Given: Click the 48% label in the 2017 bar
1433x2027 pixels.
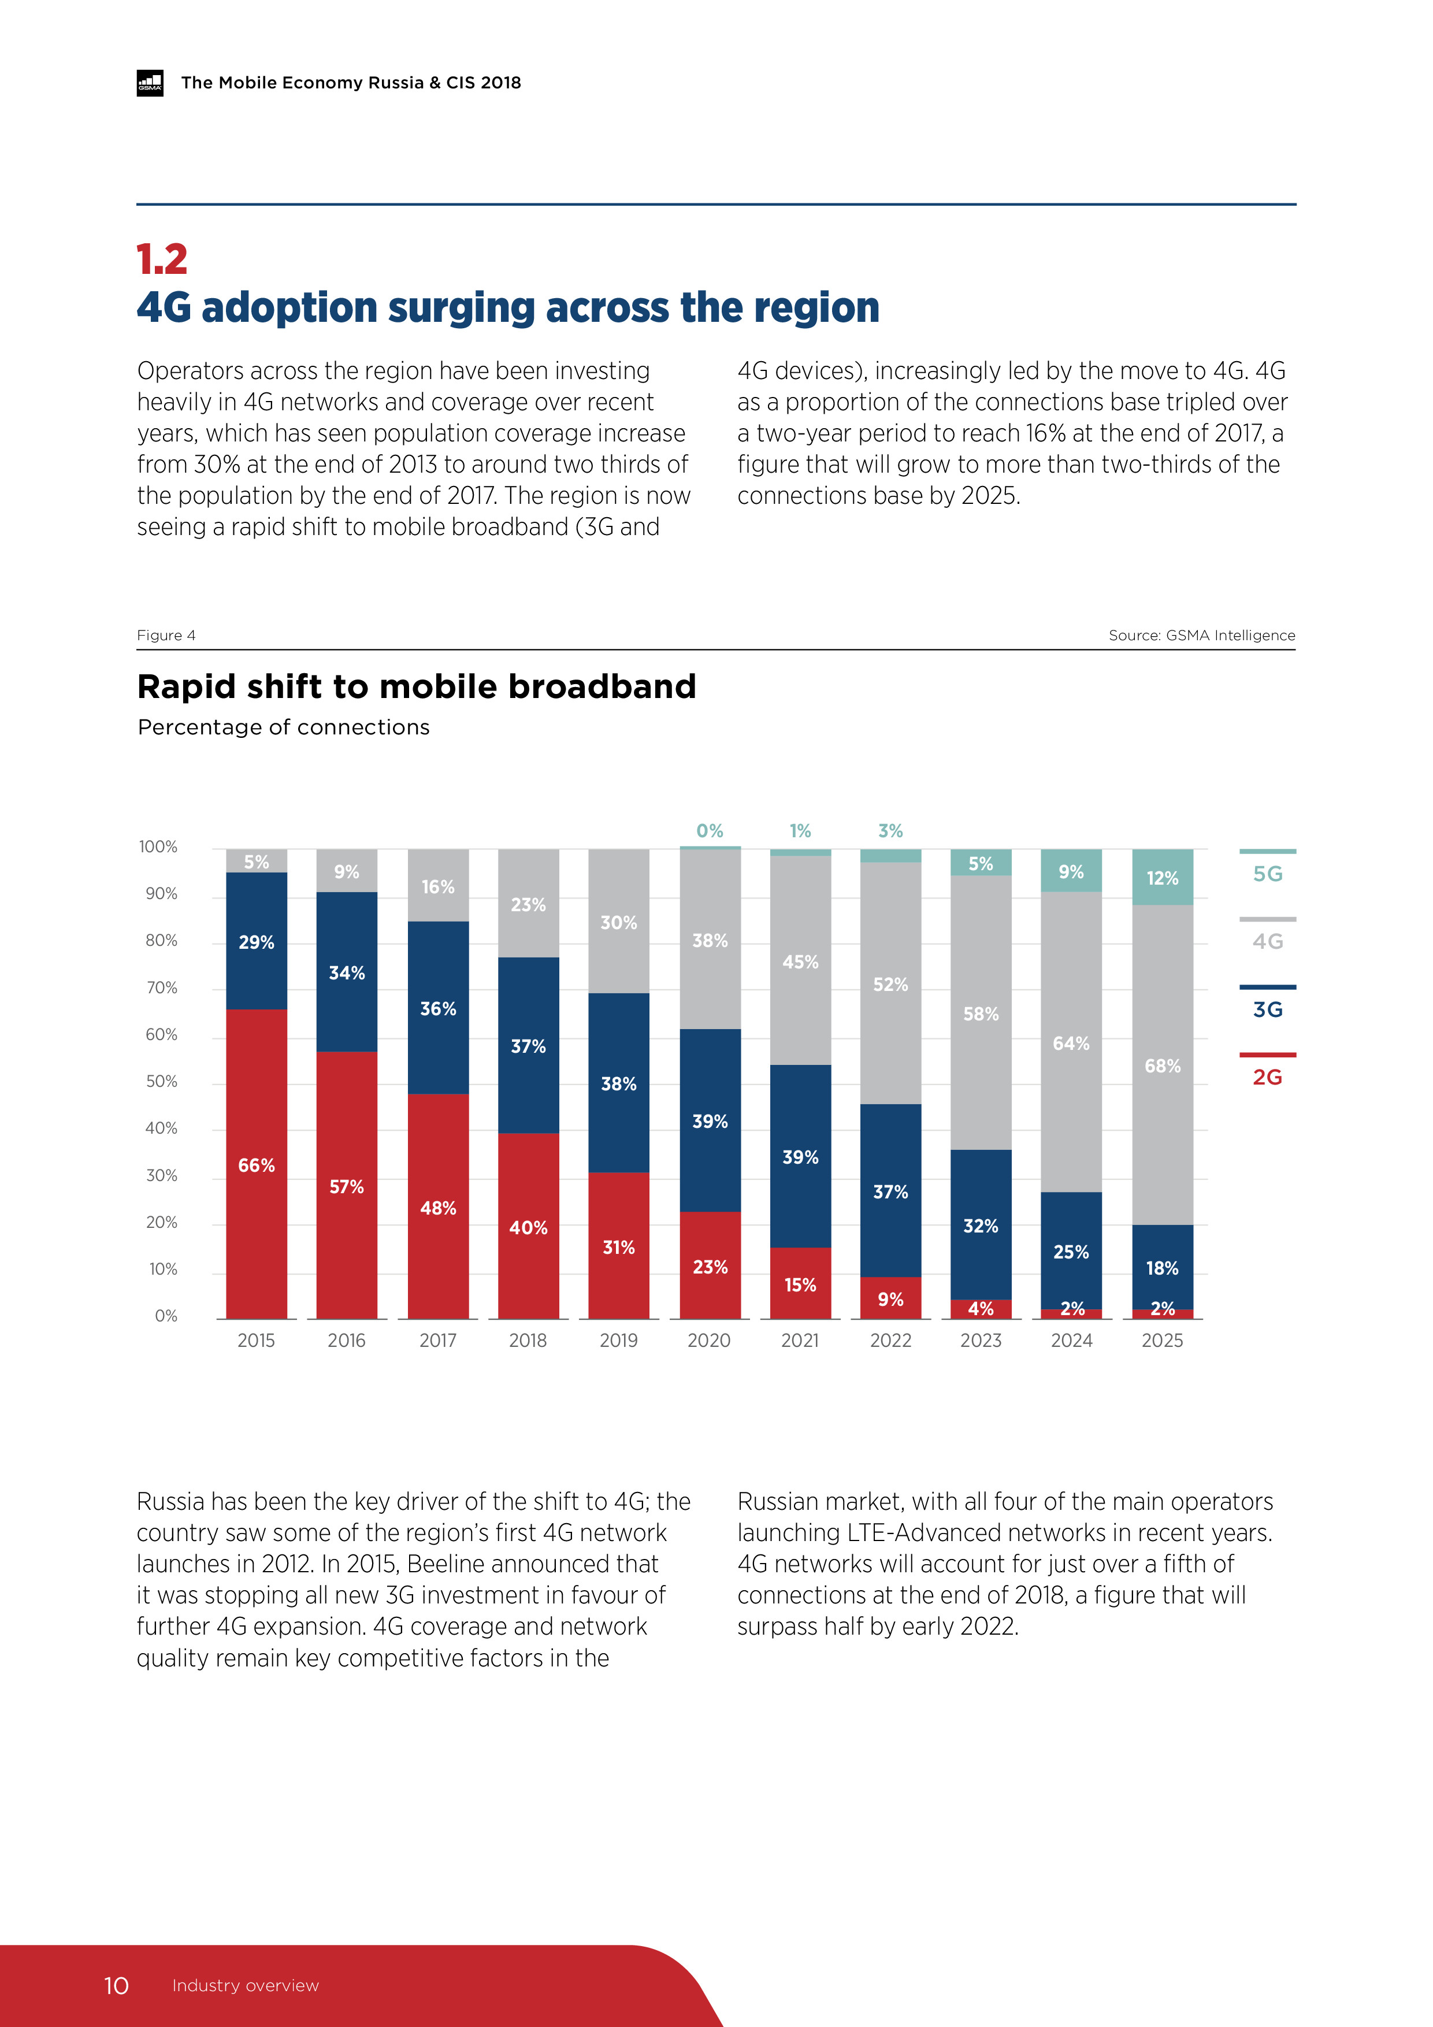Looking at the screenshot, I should (x=438, y=1208).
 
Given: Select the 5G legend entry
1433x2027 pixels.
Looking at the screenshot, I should (x=1267, y=873).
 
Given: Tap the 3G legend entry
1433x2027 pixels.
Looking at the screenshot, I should (x=1267, y=1009).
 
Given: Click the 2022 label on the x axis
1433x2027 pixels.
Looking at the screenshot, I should (x=890, y=1340).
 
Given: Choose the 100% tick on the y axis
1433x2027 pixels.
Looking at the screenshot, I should (x=158, y=847).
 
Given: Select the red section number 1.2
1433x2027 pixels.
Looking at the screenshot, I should (x=162, y=259).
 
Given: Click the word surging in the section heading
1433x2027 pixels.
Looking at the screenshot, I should (x=462, y=307).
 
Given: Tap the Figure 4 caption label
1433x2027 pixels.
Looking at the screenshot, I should (x=166, y=636).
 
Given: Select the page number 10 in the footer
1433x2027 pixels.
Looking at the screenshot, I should (x=117, y=1985).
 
